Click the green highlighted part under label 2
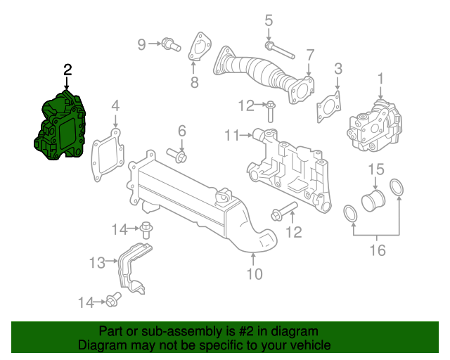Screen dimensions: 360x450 coord(61,127)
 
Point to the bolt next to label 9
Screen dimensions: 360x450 coord(167,45)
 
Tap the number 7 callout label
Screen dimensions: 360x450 coord(309,55)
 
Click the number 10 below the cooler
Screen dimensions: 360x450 coord(253,274)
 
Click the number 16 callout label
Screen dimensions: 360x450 coord(377,250)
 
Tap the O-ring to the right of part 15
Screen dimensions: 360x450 coord(396,188)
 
